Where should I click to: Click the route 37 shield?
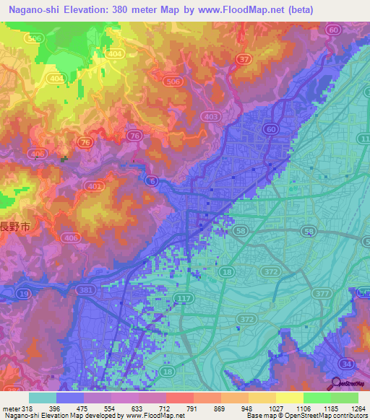[x=244, y=59]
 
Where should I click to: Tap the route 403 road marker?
[x=211, y=116]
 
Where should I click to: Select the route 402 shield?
[x=92, y=186]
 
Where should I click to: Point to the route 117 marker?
[x=187, y=299]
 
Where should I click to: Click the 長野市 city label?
[x=13, y=225]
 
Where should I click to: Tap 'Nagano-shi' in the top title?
[x=32, y=9]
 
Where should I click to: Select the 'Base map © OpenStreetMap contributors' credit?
[x=306, y=416]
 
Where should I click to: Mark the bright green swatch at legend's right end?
[x=345, y=398]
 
